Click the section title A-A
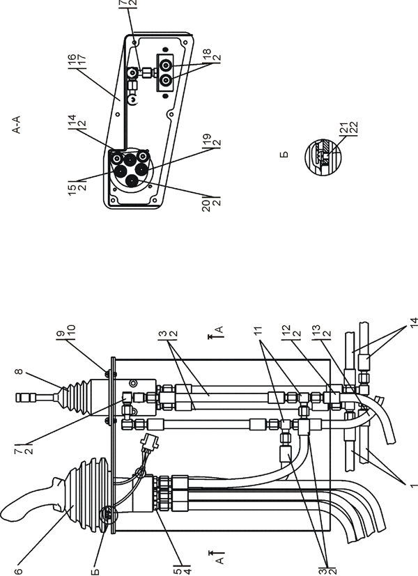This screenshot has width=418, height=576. tap(17, 125)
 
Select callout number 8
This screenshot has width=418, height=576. tap(18, 371)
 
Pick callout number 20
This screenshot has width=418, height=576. tap(206, 204)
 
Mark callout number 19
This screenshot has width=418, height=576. tap(207, 139)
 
